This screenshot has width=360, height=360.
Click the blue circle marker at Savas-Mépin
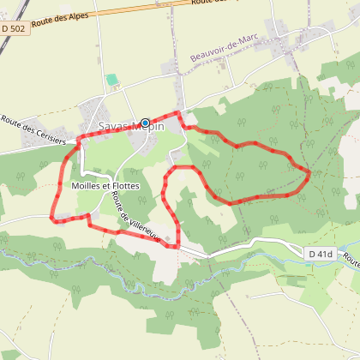pyautogui.click(x=145, y=123)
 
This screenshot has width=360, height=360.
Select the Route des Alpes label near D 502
pyautogui.click(x=57, y=21)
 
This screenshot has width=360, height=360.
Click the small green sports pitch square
pyautogui.click(x=111, y=81)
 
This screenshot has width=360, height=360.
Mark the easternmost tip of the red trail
pyautogui.click(x=309, y=174)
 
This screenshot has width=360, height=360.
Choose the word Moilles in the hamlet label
pyautogui.click(x=89, y=186)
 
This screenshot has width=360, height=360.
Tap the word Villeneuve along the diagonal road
pyautogui.click(x=143, y=225)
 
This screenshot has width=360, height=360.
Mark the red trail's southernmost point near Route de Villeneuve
pyautogui.click(x=174, y=247)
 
